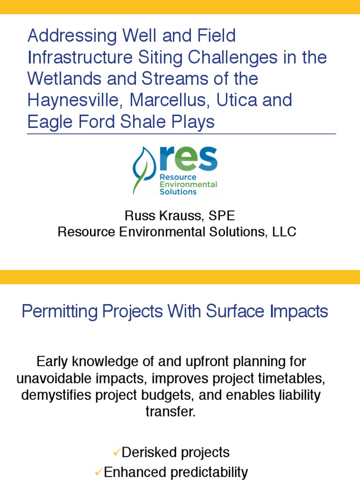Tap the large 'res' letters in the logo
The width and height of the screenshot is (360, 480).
click(188, 160)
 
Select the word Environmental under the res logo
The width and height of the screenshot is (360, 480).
click(188, 185)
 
